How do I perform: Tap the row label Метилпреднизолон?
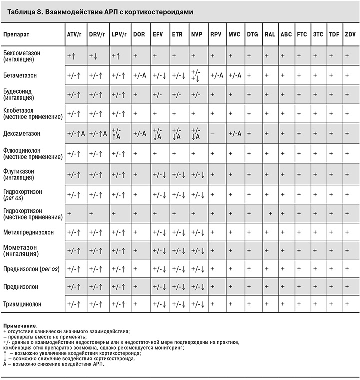click(x=29, y=232)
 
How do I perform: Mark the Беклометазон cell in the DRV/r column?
click(x=97, y=56)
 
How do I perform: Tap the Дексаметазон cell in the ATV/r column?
click(x=76, y=134)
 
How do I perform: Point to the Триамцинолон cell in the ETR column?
click(x=179, y=304)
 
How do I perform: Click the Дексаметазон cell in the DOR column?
click(x=139, y=134)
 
